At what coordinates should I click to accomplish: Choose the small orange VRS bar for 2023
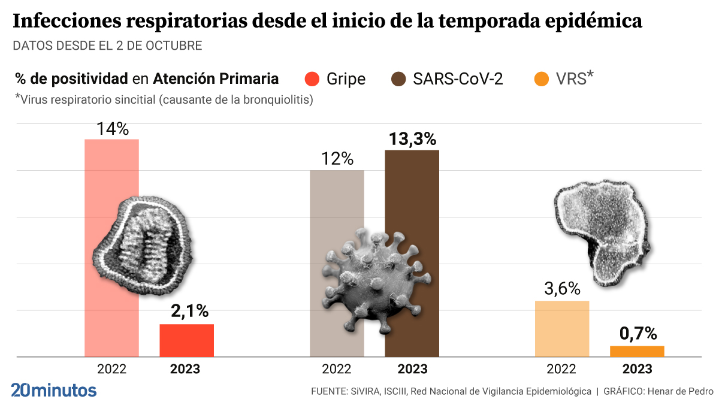637,351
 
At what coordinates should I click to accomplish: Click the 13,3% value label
412,139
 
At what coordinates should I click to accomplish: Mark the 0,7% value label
638,334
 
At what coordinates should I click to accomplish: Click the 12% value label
337,159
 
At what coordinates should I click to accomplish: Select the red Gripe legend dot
313,79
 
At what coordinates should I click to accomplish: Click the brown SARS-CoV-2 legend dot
399,79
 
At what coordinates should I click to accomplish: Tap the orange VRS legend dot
542,79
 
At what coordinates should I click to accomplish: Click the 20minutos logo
54,390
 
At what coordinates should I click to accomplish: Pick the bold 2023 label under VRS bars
637,369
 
